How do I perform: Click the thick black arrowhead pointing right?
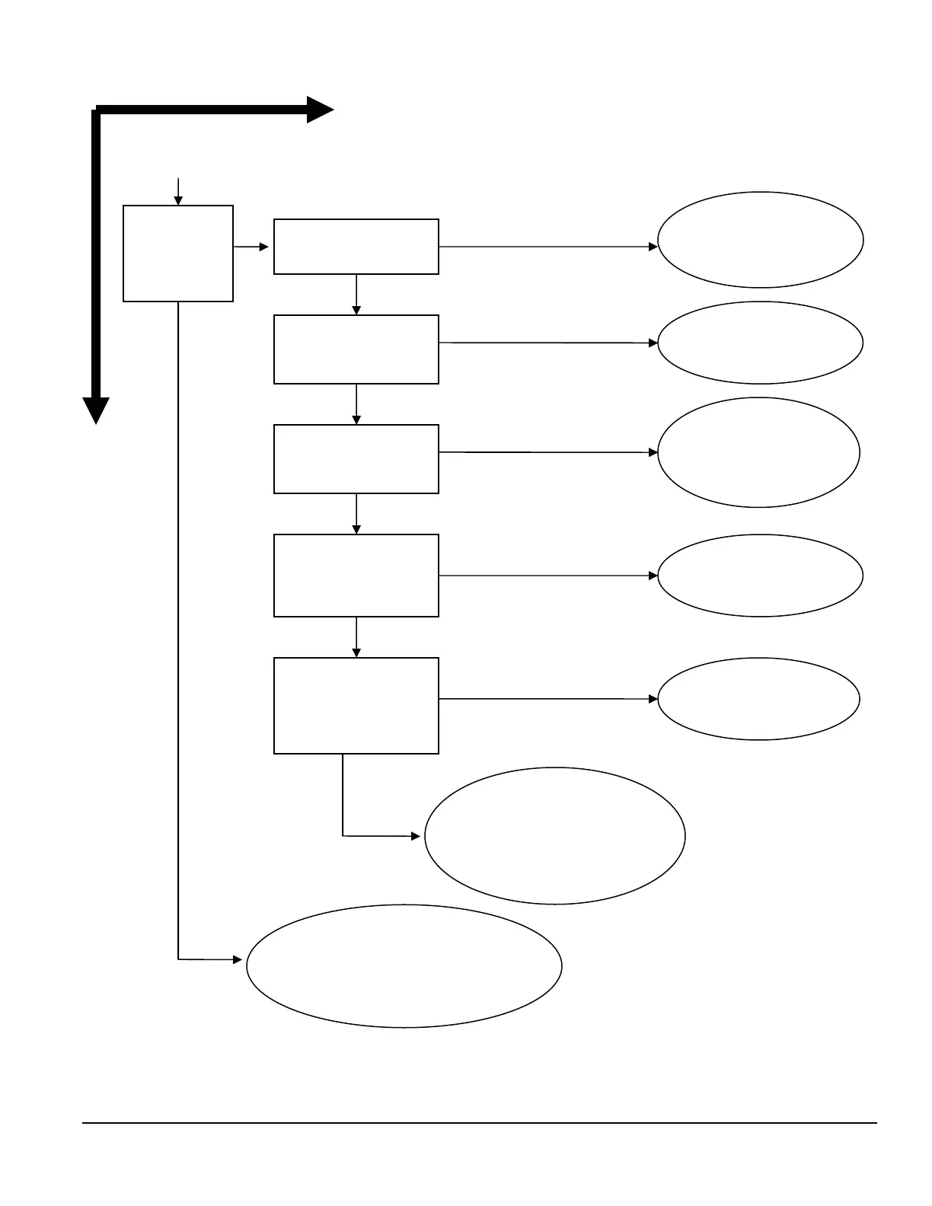[x=320, y=110]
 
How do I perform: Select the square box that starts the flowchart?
[x=178, y=254]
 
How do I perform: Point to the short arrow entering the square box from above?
[x=178, y=191]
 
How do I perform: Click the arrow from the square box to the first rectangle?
[x=251, y=247]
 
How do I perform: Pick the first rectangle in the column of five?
[x=356, y=247]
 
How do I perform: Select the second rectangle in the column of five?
[x=356, y=349]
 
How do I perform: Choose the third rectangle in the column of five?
[x=356, y=459]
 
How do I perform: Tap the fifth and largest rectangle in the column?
[x=356, y=706]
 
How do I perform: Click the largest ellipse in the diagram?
[x=404, y=966]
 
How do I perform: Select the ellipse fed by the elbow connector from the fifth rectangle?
[x=555, y=836]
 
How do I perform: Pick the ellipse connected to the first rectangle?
[x=760, y=240]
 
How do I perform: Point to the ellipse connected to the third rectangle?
[x=758, y=452]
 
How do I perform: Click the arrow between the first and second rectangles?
[x=356, y=295]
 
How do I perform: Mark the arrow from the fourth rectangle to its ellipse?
[x=548, y=576]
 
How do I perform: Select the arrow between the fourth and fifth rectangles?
[x=356, y=637]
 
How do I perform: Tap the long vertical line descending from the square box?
[x=178, y=632]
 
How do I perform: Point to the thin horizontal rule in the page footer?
[x=480, y=1122]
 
